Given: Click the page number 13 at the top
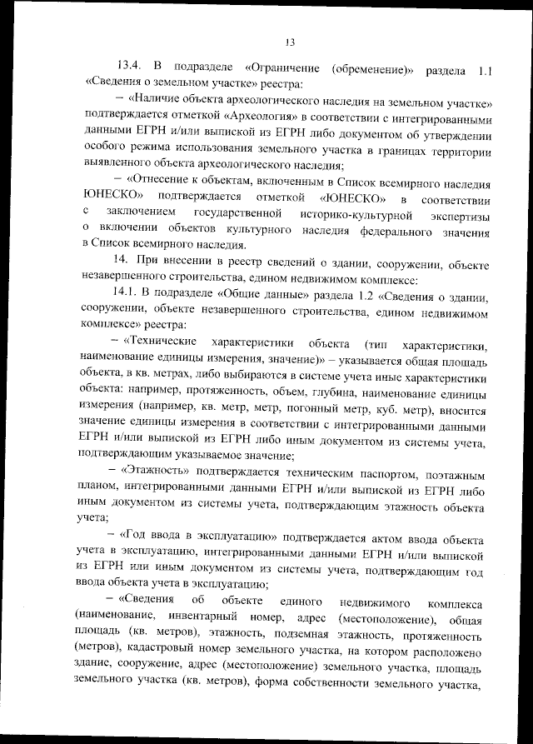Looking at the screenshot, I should pyautogui.click(x=290, y=43).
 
